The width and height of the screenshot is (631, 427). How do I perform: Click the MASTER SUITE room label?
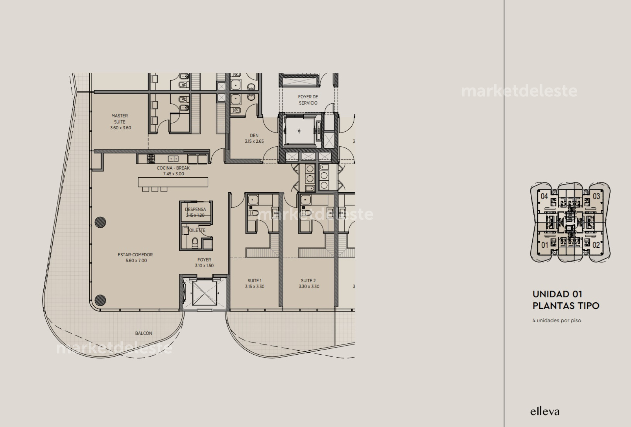click(x=120, y=122)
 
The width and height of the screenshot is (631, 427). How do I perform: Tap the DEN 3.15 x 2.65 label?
click(x=254, y=138)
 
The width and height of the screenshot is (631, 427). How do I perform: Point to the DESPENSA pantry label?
click(x=195, y=209)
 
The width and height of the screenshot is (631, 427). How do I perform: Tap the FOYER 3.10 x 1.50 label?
click(x=204, y=263)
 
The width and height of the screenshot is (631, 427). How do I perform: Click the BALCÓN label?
click(x=144, y=333)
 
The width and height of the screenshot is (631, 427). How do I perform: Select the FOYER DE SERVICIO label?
click(x=308, y=100)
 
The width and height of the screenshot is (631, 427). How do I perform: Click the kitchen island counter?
click(x=173, y=182)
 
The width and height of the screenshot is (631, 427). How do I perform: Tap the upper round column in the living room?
click(x=100, y=222)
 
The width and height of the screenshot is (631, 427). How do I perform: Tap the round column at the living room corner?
click(x=100, y=300)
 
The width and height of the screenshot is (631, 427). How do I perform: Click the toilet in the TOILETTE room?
click(x=195, y=243)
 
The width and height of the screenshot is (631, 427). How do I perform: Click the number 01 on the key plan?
click(x=545, y=245)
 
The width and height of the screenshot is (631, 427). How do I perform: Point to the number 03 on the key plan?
click(x=596, y=197)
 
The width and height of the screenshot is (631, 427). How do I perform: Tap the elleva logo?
click(x=545, y=411)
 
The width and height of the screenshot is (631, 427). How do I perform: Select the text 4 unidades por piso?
click(x=556, y=320)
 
